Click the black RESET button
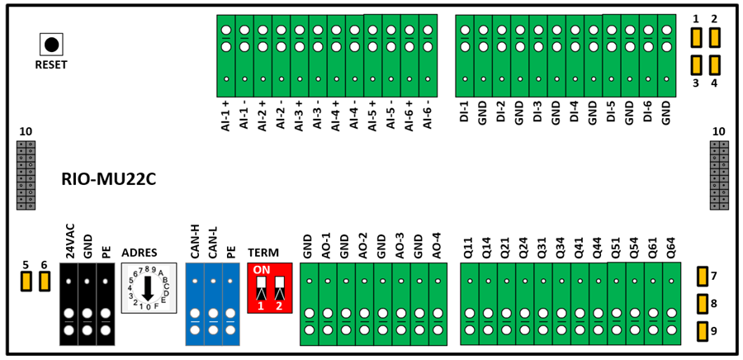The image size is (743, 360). [x=51, y=45]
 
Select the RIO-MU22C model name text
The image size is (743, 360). [x=109, y=180]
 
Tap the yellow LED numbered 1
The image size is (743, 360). [x=696, y=37]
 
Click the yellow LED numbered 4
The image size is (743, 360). [x=714, y=65]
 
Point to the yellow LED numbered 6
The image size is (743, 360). [x=44, y=282]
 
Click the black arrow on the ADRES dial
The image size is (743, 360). [x=148, y=288]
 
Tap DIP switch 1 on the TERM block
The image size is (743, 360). [x=261, y=288]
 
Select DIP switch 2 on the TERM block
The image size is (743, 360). [x=279, y=288]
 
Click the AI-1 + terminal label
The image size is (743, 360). [x=225, y=115]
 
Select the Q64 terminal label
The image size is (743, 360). [x=671, y=248]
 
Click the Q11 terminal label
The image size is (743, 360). [x=470, y=248]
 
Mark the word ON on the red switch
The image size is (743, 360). [x=261, y=270]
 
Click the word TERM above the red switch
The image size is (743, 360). [x=263, y=253]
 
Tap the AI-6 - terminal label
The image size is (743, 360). [x=428, y=115]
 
